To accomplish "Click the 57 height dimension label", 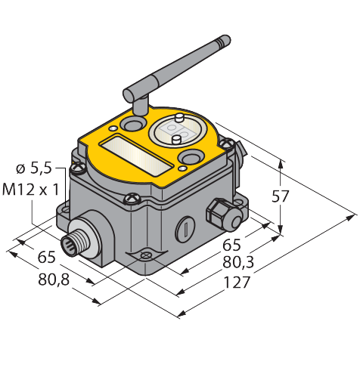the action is point(280,196).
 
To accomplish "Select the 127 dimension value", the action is point(237,283).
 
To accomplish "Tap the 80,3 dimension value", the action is point(238,263).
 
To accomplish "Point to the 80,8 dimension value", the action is point(54,279).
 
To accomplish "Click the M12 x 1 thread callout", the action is point(30,190).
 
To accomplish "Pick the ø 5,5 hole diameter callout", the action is point(34,168).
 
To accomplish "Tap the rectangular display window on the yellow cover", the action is point(137,155).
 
